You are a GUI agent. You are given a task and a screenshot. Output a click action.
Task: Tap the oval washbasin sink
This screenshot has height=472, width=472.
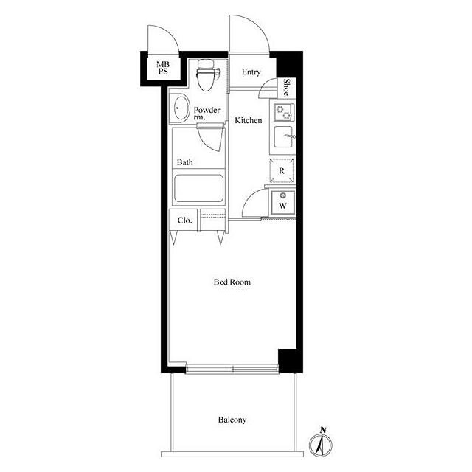[181, 108]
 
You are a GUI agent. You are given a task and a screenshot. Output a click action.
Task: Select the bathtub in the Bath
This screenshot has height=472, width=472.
[198, 189]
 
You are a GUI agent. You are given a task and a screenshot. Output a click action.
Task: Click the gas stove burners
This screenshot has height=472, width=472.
[283, 112]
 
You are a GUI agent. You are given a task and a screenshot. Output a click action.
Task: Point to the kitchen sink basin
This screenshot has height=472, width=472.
[283, 136]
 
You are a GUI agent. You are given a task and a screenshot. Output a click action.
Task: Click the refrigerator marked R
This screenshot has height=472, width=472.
[282, 170]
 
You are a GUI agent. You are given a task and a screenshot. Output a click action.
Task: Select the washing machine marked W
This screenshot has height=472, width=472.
[282, 203]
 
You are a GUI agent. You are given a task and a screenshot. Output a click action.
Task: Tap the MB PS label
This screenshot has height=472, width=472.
[163, 68]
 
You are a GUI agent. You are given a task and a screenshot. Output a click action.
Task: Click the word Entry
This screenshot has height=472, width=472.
[251, 72]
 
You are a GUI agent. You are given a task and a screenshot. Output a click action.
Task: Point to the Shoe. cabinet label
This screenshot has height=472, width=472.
[287, 88]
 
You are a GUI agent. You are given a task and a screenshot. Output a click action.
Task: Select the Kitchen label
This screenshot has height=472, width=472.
[249, 120]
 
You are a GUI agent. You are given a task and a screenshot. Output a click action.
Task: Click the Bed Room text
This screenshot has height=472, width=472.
[232, 282]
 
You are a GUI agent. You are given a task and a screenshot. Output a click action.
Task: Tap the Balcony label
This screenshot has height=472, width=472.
[232, 420]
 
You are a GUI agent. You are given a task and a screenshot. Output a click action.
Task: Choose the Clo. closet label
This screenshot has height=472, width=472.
[184, 221]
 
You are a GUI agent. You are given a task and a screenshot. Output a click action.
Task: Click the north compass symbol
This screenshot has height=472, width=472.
[321, 443]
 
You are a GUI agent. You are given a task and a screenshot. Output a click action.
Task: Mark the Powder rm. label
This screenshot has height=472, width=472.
[206, 114]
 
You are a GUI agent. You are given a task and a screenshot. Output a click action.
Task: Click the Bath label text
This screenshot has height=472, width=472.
[185, 162]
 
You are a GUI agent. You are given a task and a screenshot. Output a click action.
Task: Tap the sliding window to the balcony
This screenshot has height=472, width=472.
[232, 369]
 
